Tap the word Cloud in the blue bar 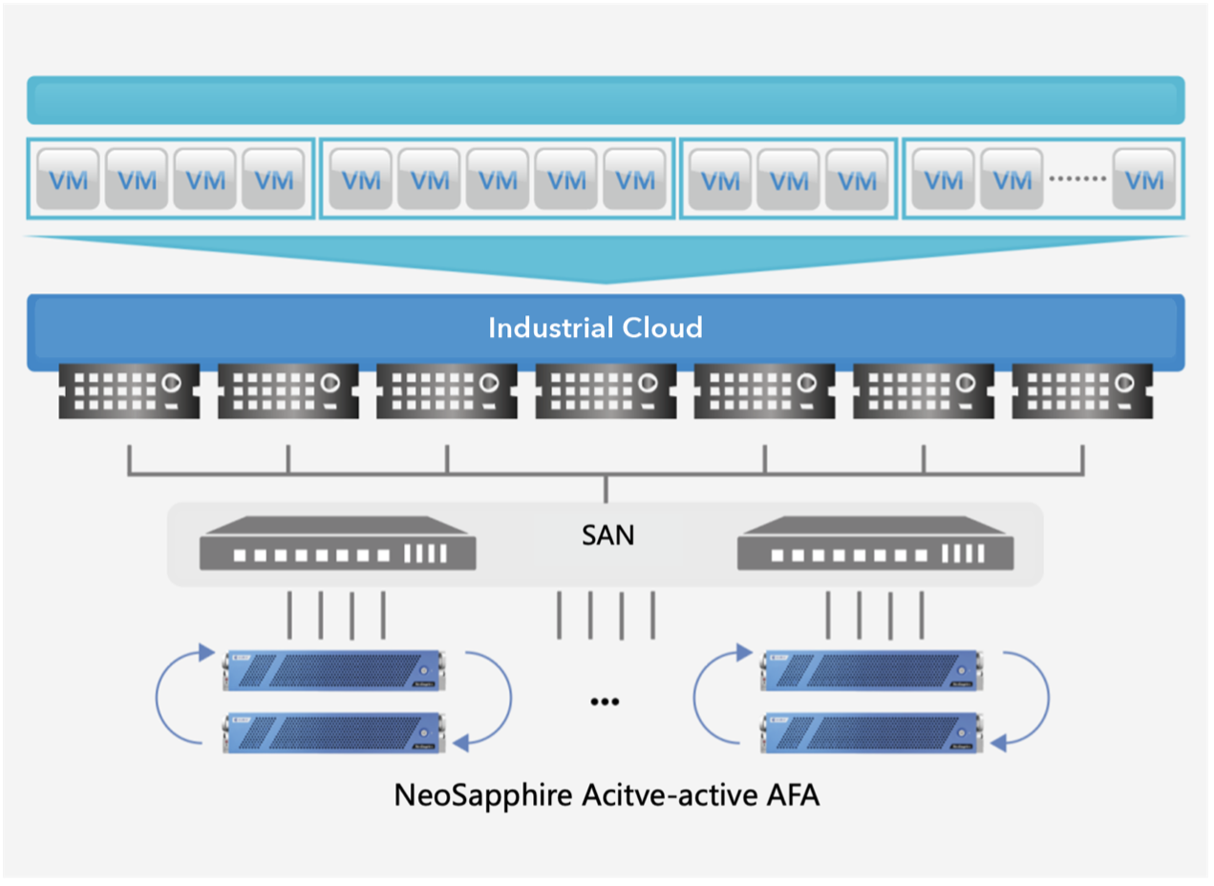click(663, 328)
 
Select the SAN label click(607, 536)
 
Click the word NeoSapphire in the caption click(483, 795)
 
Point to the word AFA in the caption click(792, 795)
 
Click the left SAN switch click(337, 544)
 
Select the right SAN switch click(875, 544)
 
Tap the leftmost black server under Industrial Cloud click(129, 390)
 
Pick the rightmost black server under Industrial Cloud click(1082, 390)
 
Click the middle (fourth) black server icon click(606, 390)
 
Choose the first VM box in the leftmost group click(68, 179)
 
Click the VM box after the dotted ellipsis click(1144, 179)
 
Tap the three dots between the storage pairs click(605, 702)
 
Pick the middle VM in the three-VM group click(789, 179)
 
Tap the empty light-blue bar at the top click(606, 100)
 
